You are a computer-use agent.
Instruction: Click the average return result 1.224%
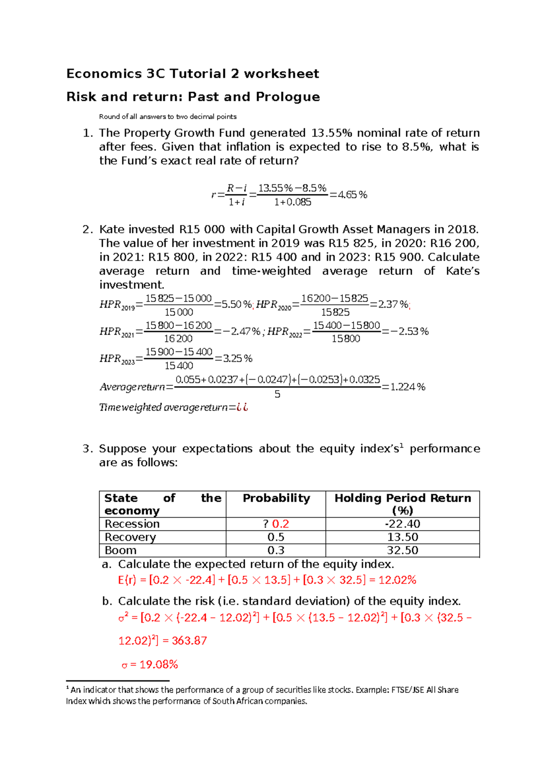point(408,387)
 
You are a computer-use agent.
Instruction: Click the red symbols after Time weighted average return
point(242,407)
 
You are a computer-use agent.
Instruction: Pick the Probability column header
point(276,498)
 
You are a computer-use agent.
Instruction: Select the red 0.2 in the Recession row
point(280,524)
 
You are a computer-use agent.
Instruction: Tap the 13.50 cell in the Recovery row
point(402,537)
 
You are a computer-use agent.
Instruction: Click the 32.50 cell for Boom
point(402,550)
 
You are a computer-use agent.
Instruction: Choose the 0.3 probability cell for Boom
point(276,550)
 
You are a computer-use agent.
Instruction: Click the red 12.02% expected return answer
point(397,580)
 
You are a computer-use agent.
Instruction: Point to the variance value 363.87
point(189,641)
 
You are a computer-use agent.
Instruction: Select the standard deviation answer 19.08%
point(158,665)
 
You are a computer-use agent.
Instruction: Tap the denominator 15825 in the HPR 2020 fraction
point(335,312)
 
